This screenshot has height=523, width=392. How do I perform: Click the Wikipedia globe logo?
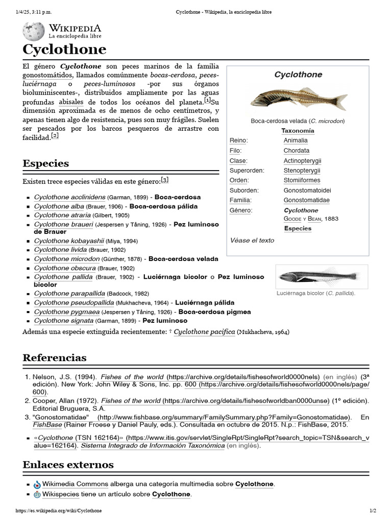34,32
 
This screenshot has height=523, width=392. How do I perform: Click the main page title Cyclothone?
64,50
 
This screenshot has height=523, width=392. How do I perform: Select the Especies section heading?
45,163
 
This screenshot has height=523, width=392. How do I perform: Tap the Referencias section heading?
54,358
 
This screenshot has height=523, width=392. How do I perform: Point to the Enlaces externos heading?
68,465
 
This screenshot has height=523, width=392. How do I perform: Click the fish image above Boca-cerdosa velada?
299,98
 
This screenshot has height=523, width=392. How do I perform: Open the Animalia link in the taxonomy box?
296,140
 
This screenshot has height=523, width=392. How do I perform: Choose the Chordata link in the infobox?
296,151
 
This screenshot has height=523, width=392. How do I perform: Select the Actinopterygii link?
302,160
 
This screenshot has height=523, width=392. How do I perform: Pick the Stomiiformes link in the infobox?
302,180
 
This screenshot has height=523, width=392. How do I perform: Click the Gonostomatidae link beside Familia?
306,200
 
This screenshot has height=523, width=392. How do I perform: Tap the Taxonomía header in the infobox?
298,131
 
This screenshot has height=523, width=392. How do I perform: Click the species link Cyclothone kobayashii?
69,241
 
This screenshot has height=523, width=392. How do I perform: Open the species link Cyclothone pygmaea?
66,312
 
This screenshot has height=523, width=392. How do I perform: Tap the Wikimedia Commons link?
75,484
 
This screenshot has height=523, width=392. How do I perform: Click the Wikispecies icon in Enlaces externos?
37,494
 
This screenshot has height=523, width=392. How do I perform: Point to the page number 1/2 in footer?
372,511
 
